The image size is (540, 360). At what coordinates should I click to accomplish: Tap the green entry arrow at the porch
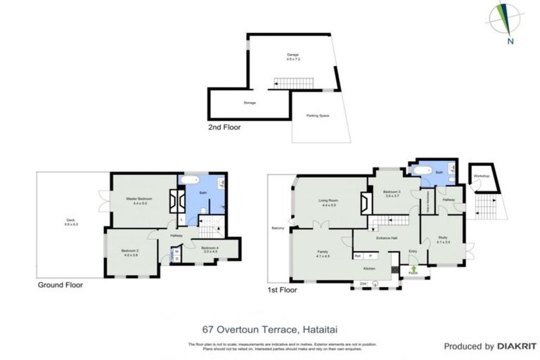[x=413, y=269]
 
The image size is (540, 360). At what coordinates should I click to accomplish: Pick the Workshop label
[x=481, y=176]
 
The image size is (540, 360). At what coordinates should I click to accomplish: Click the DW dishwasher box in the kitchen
[x=363, y=283]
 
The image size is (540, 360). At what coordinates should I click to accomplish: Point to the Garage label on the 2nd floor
[x=292, y=56]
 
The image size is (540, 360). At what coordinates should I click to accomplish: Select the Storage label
[x=249, y=103]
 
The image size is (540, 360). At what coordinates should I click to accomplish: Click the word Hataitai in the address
[x=323, y=328]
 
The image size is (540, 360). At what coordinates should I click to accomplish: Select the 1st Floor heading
[x=282, y=289]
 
